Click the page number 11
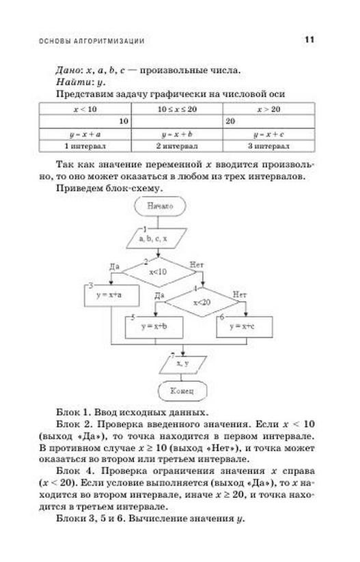pos(309,40)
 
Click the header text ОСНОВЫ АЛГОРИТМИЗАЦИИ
pos(92,41)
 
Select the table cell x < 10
pos(85,109)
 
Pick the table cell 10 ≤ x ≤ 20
pos(177,109)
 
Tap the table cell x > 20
pos(269,109)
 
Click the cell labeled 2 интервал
pos(177,146)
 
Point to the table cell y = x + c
pos(269,135)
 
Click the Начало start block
pos(161,206)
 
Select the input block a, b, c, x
pos(156,238)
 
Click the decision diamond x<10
pos(159,272)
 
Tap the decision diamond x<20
pos(202,302)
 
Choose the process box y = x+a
pos(112,296)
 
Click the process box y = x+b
pos(154,327)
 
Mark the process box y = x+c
pos(245,327)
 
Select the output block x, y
pos(183,365)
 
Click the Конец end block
pos(182,391)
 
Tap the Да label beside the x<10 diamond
pos(114,267)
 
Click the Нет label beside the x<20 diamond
pos(240,294)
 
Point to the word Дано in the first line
pos(68,70)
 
